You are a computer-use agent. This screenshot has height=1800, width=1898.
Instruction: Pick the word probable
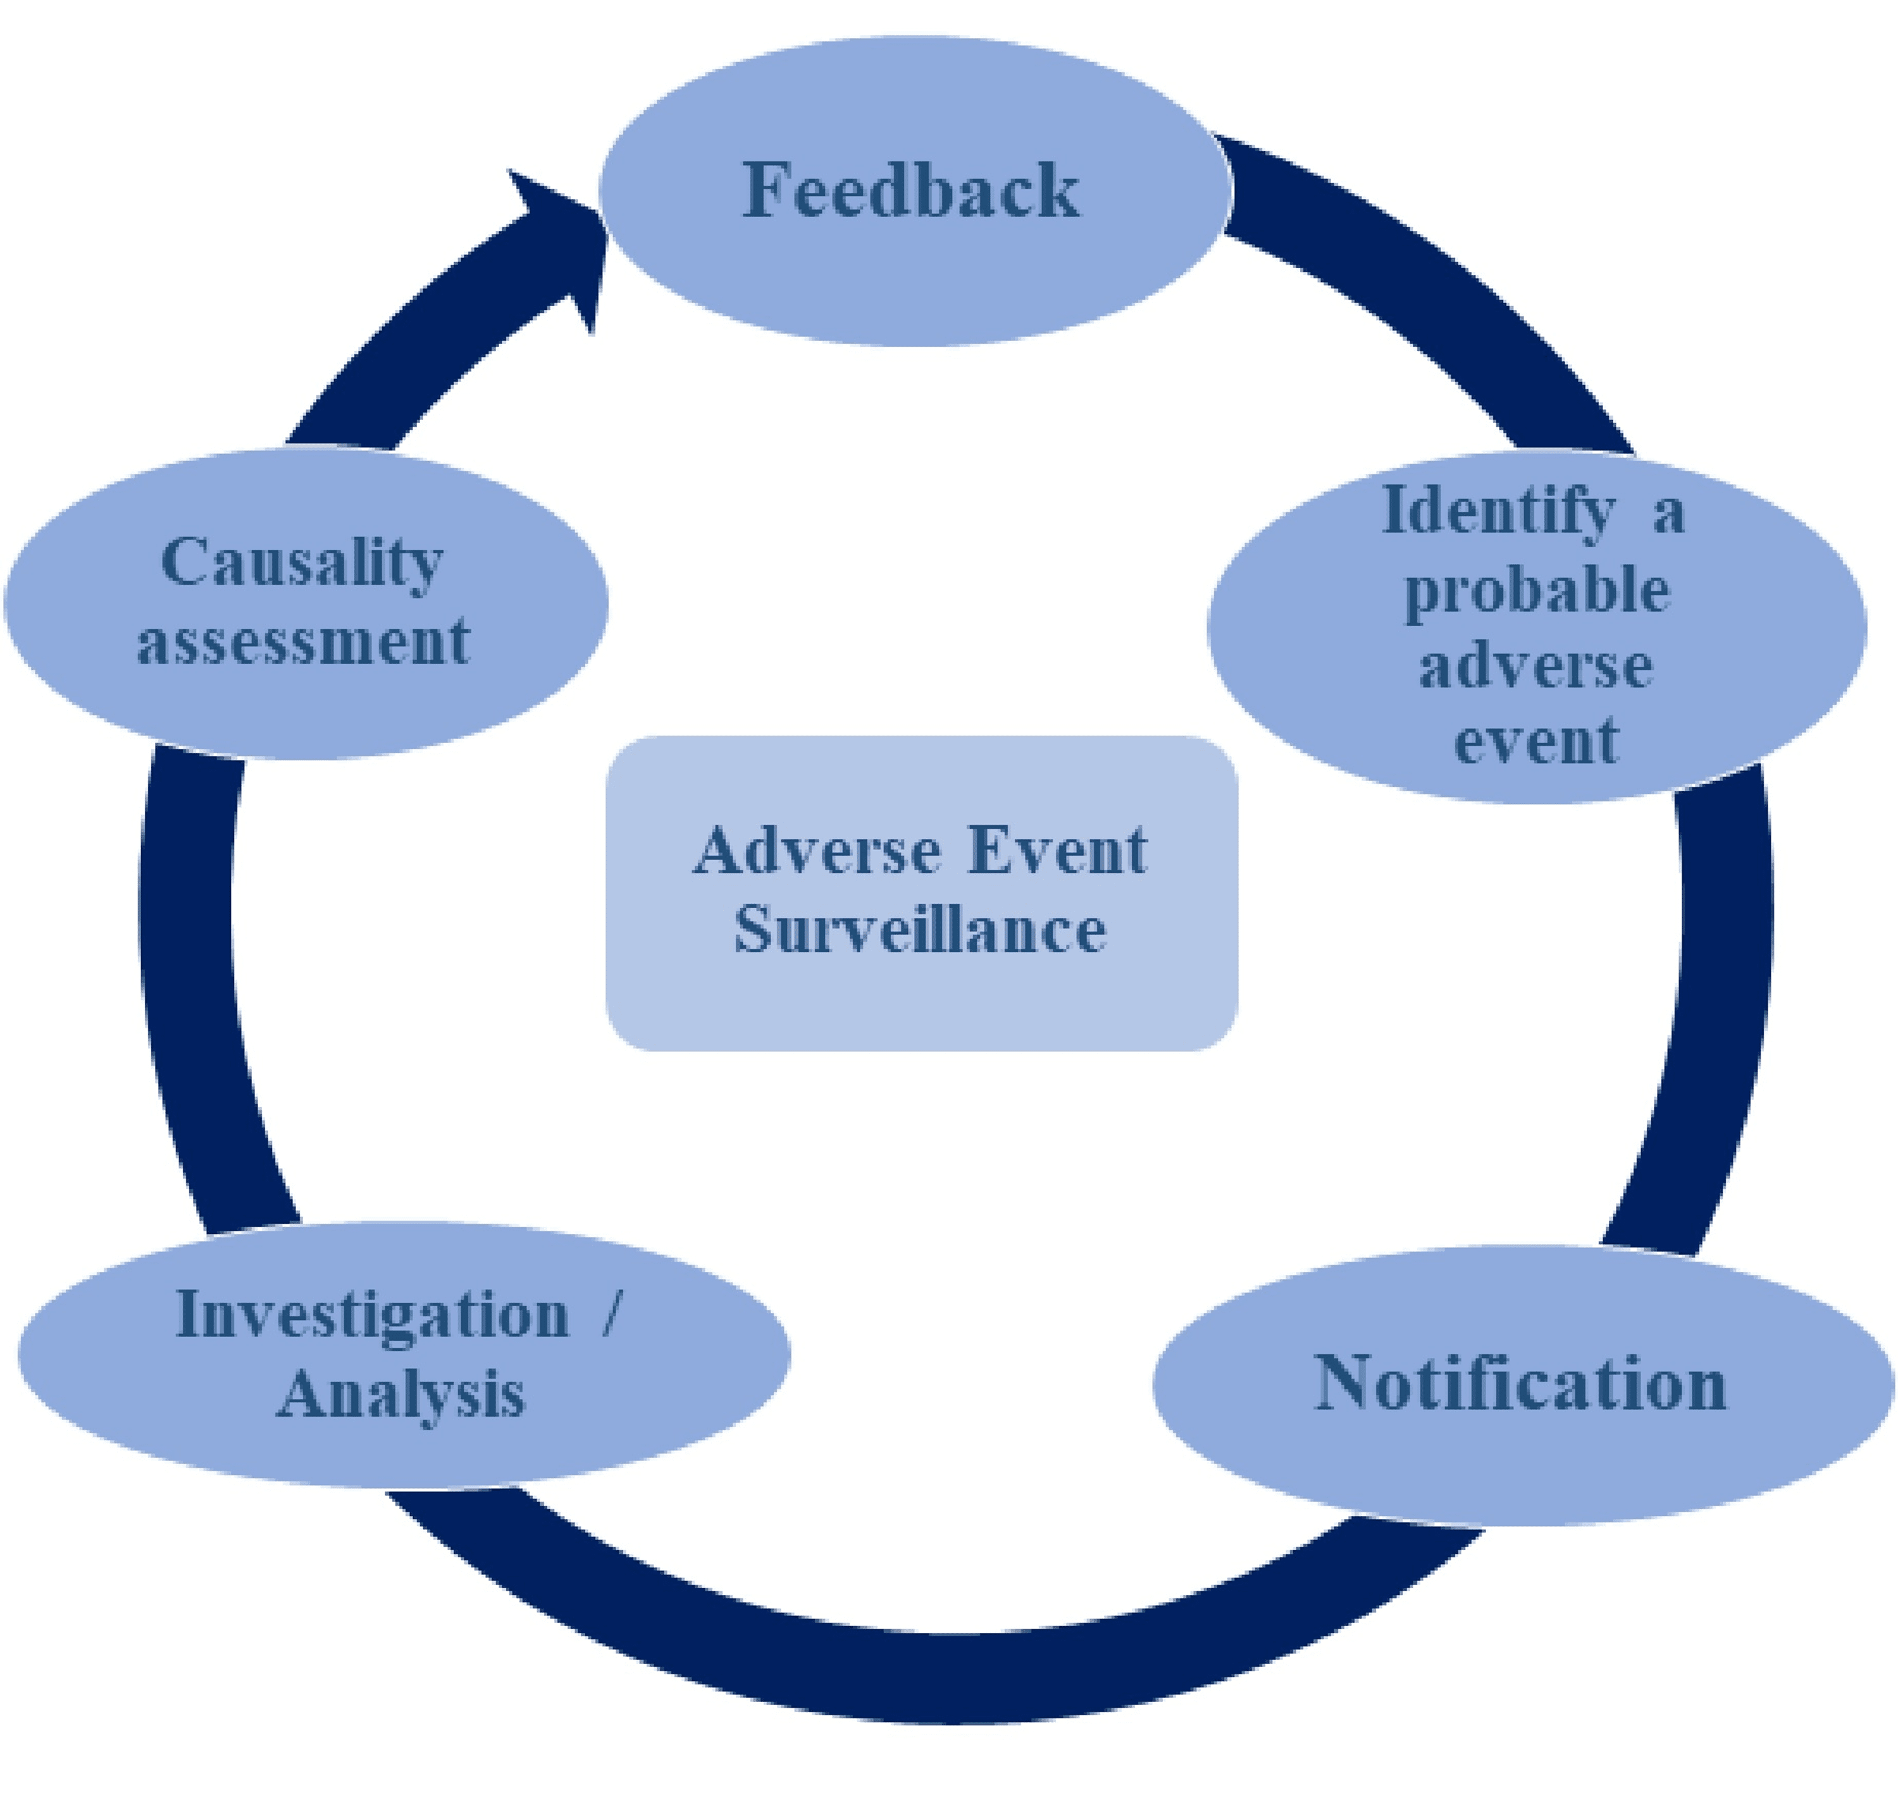pyautogui.click(x=1536, y=590)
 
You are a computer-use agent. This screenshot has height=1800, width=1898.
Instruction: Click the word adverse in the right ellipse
pyautogui.click(x=1535, y=666)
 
